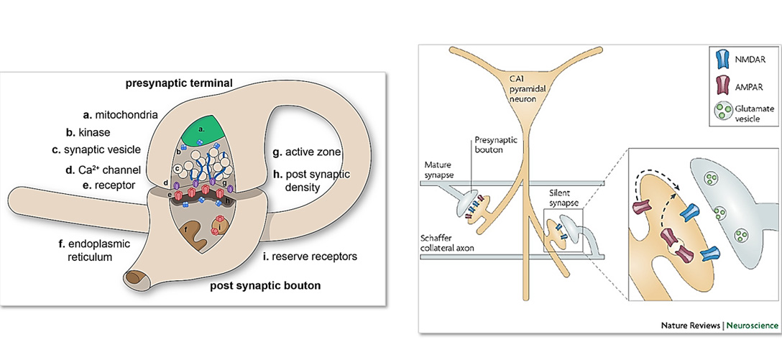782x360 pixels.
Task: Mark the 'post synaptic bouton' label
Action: (265, 286)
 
